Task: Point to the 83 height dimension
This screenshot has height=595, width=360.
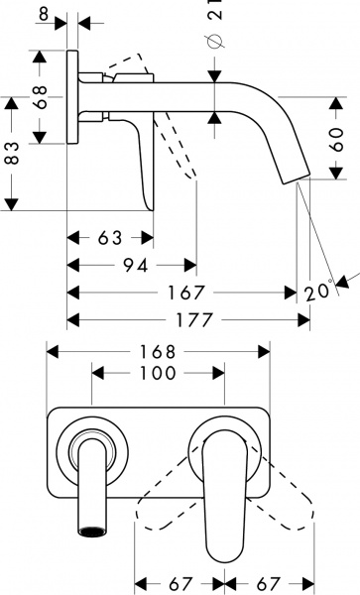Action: point(12,155)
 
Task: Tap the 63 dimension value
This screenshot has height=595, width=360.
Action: point(111,239)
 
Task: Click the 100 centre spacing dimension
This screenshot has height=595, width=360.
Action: point(158,373)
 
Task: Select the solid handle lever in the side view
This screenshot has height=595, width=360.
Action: point(143,164)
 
